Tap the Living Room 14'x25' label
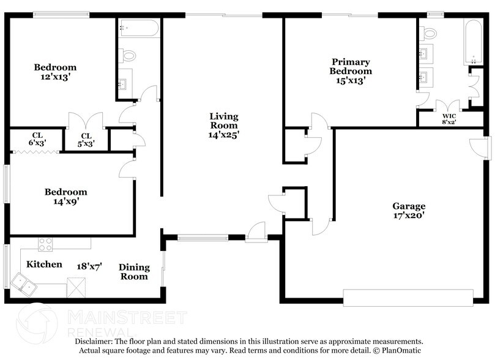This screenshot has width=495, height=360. [223, 126]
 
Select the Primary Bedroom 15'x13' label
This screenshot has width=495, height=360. [351, 70]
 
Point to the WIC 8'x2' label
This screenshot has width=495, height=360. [450, 118]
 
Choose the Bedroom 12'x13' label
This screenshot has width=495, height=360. [55, 72]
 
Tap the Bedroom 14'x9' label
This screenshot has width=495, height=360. [65, 196]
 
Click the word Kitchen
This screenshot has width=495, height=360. [44, 264]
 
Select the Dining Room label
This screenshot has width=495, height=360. [133, 271]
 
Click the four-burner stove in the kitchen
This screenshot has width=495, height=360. [47, 245]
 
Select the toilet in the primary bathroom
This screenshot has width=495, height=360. [429, 33]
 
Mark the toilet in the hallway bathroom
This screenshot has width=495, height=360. [129, 55]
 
